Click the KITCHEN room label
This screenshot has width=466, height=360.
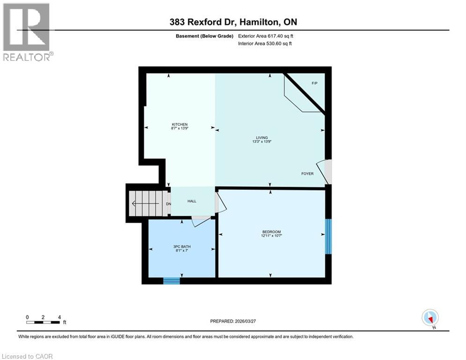(x=179, y=124)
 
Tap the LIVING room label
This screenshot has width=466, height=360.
(x=262, y=137)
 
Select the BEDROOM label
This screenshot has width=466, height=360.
(x=271, y=232)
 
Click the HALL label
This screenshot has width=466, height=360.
(x=192, y=201)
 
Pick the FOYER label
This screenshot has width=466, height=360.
(x=307, y=173)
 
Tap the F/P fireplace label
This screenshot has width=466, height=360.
(x=315, y=83)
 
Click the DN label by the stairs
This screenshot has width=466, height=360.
(x=169, y=204)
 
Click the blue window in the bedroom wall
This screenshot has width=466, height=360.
(x=329, y=236)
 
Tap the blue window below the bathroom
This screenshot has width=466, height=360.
(x=171, y=281)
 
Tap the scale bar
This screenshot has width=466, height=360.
(x=43, y=322)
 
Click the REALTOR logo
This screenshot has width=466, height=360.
(x=27, y=32)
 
